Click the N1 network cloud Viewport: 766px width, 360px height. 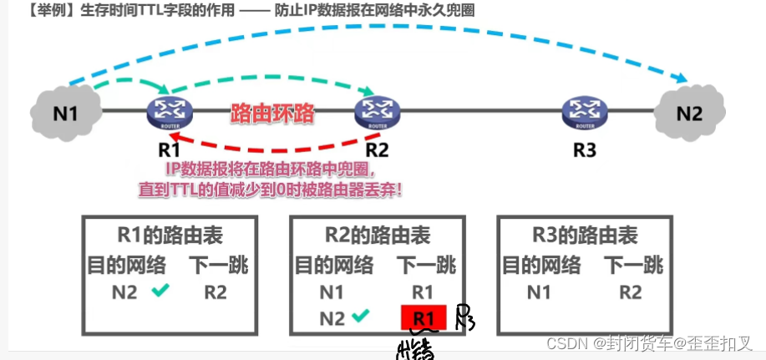coord(65,110)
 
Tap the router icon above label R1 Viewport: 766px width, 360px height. coord(170,111)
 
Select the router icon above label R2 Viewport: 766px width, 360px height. coord(378,111)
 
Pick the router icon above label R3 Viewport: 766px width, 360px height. coord(585,111)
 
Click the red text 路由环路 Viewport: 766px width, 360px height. coord(272,113)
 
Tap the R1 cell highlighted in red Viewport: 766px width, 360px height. coord(424,317)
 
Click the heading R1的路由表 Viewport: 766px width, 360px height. coord(168,236)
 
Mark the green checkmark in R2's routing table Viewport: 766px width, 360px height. coord(361,317)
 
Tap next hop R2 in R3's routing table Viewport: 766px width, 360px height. coord(631,292)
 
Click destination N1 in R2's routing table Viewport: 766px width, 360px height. coord(332,292)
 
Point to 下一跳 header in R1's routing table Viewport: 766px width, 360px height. coord(218,266)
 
